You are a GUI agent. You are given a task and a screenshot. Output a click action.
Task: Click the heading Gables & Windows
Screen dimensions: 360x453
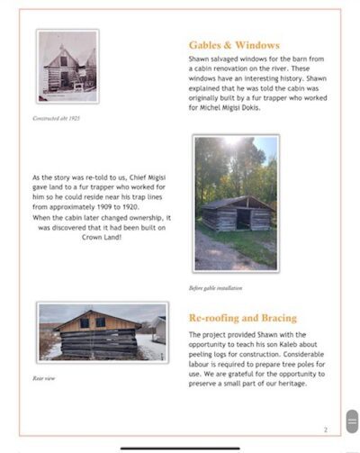tap(234, 45)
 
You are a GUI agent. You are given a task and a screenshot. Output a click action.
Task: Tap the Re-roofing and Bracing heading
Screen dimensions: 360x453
tap(242, 318)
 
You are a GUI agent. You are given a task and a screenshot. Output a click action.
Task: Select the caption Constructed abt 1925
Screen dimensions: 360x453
tap(57, 118)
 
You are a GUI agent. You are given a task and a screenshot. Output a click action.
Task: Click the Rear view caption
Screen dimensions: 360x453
tap(44, 378)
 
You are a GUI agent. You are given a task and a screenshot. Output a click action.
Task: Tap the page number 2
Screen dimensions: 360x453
tap(325, 430)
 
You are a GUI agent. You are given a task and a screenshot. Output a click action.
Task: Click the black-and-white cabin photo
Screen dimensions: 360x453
tap(67, 66)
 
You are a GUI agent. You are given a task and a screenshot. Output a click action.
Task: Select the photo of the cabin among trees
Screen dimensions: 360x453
tap(236, 203)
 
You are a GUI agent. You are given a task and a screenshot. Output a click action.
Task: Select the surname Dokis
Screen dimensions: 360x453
tap(265, 107)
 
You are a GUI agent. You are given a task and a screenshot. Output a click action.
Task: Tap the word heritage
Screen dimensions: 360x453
tap(290, 383)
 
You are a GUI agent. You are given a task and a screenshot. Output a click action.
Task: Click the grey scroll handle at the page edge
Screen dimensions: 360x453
tap(352, 421)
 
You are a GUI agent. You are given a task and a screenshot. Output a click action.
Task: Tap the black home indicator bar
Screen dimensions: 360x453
tap(179, 448)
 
